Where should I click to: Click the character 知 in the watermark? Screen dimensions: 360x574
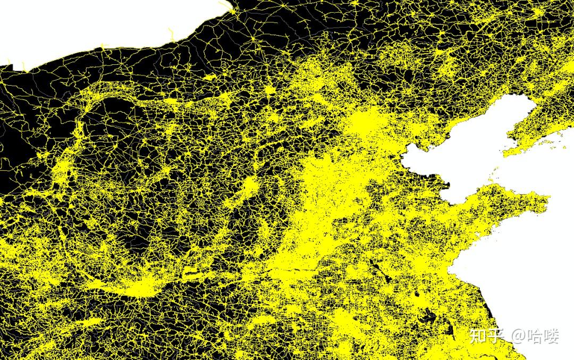(478, 336)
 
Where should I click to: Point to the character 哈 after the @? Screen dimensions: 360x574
(535, 336)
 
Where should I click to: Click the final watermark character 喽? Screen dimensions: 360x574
(552, 336)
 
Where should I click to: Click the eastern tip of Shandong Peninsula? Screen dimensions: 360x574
(547, 201)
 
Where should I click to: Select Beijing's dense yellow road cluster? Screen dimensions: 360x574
(367, 125)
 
